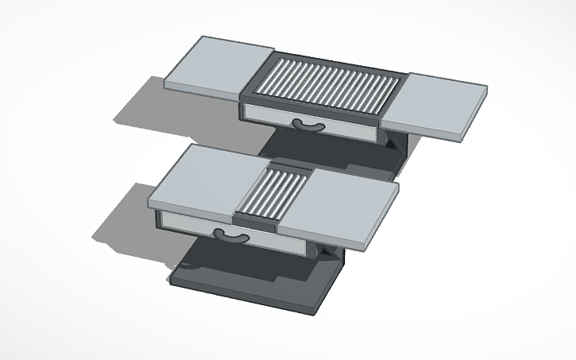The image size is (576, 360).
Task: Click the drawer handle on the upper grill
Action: pyautogui.click(x=308, y=125)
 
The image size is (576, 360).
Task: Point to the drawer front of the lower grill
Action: pyautogui.click(x=262, y=242)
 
